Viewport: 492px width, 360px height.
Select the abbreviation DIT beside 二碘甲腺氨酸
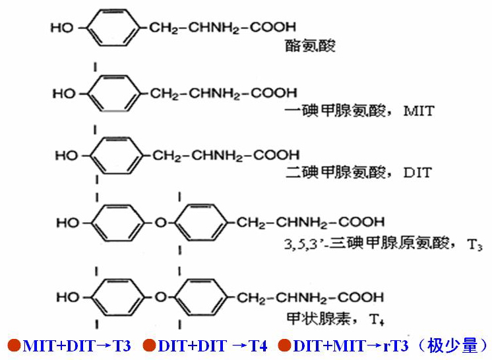tap(417, 173)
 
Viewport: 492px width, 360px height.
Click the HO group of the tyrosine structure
tap(62, 29)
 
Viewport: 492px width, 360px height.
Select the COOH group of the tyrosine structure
tap(272, 28)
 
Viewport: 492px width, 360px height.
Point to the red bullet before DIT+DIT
tap(149, 345)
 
